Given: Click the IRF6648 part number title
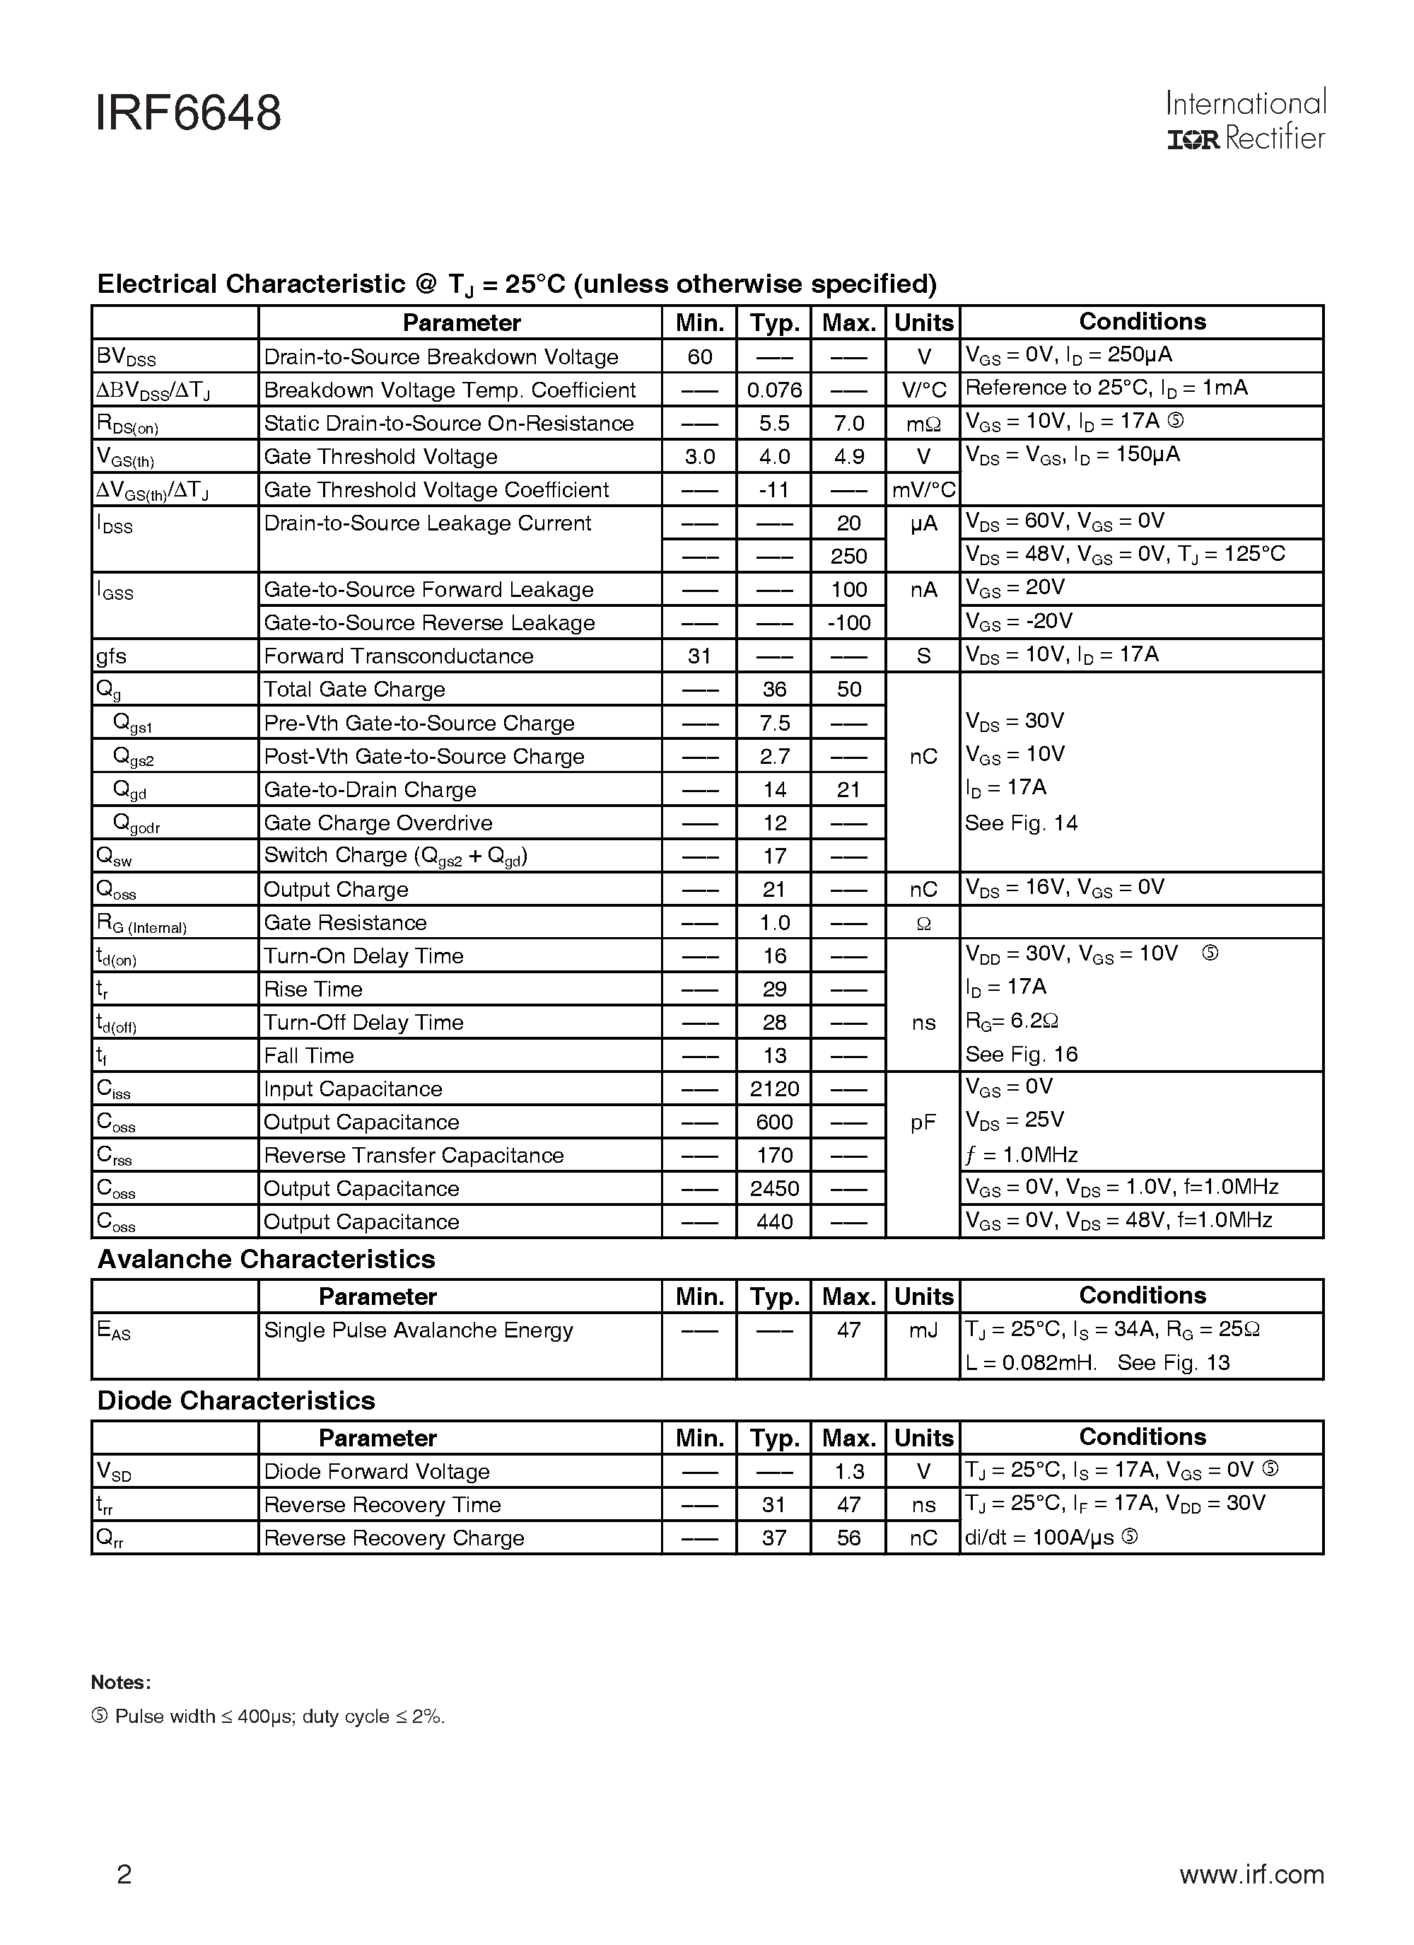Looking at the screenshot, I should (188, 114).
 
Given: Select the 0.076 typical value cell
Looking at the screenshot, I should (773, 390).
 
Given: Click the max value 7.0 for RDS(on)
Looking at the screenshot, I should (848, 424).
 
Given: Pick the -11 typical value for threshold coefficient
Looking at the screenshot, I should (773, 489).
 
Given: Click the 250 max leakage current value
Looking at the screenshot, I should (848, 557).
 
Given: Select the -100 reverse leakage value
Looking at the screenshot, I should (848, 622).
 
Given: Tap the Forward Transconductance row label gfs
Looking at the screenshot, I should (112, 656).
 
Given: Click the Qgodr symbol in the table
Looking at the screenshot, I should (136, 824).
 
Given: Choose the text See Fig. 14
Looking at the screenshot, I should (1020, 823).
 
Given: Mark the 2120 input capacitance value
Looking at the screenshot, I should (773, 1089).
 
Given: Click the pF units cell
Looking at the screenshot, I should (923, 1122).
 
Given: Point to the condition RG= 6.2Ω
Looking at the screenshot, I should (1011, 1021).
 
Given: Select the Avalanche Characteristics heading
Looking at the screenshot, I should (266, 1259).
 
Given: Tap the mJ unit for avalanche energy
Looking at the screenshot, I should (923, 1330).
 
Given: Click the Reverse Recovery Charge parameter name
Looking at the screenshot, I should (394, 1538).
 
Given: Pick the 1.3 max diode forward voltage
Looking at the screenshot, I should (848, 1472).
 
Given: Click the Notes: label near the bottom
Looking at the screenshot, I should (121, 1683).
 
